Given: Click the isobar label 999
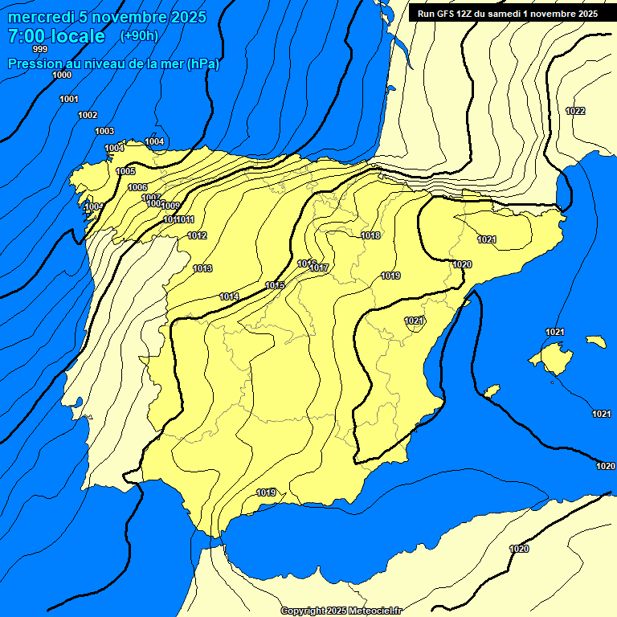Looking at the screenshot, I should click(40, 49).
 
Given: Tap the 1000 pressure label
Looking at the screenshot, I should click(62, 75).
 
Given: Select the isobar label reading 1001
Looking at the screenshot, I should click(69, 99).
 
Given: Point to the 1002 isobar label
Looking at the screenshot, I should click(88, 115).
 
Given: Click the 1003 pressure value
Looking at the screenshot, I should click(104, 131).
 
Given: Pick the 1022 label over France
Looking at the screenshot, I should click(575, 111).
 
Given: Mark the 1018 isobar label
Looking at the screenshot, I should click(370, 235).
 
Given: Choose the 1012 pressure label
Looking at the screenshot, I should click(197, 235).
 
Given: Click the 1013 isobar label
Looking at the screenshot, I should click(202, 268).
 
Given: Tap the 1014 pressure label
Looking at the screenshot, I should click(229, 296).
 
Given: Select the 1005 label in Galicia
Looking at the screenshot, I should click(126, 171).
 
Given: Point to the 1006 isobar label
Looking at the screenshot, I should click(137, 187).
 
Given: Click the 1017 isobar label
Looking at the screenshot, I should click(320, 268).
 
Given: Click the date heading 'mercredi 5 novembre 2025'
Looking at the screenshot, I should click(107, 17).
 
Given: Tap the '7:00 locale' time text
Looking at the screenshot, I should click(56, 36).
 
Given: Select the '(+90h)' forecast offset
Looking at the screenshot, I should click(139, 35).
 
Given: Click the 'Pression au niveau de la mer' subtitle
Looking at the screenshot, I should click(113, 63).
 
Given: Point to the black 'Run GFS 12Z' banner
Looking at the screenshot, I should click(507, 13).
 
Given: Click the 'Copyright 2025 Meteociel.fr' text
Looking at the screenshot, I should click(341, 611).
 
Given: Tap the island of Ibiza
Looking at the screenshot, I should click(491, 391).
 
